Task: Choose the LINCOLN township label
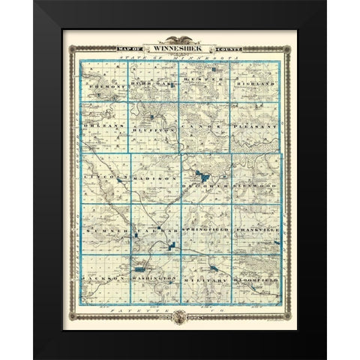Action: [x=106, y=178]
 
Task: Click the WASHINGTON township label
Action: [x=156, y=279]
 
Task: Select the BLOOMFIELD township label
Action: [x=256, y=279]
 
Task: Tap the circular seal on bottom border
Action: [x=180, y=317]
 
